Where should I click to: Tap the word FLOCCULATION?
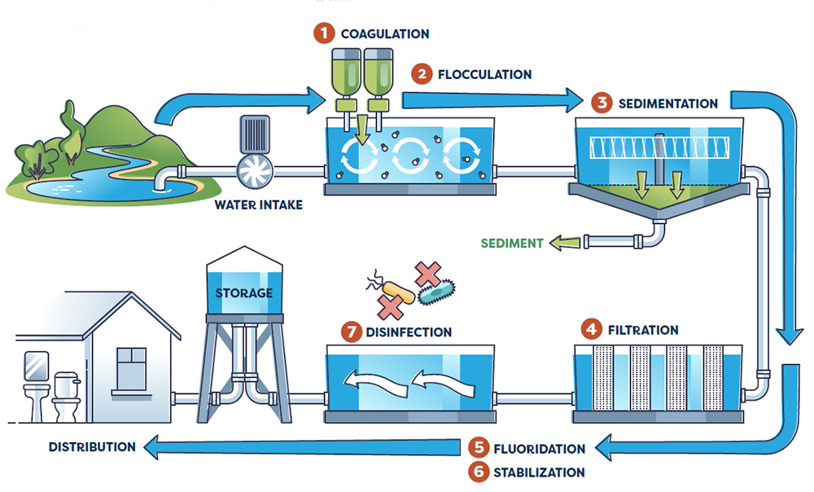[x=484, y=75]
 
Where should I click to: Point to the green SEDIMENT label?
[x=511, y=243]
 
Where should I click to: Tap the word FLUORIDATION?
[x=539, y=449]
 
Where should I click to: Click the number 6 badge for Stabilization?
[x=479, y=472]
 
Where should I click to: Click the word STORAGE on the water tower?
[x=244, y=292]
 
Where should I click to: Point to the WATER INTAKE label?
[x=258, y=204]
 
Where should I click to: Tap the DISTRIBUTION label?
[x=92, y=446]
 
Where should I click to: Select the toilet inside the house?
[x=65, y=397]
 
